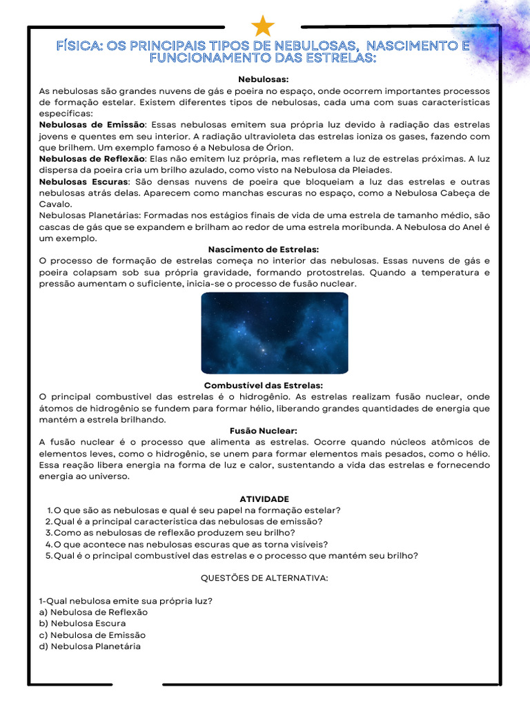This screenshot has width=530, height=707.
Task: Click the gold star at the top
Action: tap(263, 26)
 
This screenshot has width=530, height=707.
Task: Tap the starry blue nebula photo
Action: tap(274, 333)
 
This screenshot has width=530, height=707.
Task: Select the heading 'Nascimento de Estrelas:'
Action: tap(264, 249)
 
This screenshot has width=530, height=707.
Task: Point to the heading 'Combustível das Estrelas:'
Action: tap(264, 385)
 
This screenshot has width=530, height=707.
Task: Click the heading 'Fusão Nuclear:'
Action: tap(264, 431)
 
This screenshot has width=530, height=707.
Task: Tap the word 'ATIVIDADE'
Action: tap(264, 498)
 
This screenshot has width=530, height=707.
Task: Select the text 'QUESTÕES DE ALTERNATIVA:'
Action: tap(264, 578)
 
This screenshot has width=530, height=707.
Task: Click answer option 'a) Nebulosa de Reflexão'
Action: tap(93, 612)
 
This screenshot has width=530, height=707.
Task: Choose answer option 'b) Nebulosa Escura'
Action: tap(83, 623)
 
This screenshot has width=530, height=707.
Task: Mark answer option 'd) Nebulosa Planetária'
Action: tap(90, 646)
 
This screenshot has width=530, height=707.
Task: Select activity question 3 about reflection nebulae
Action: tap(174, 532)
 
